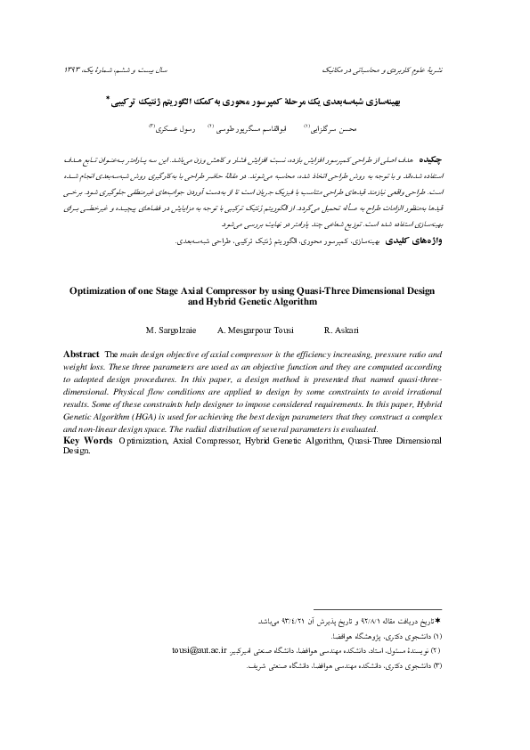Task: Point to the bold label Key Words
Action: [x=88, y=440]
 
